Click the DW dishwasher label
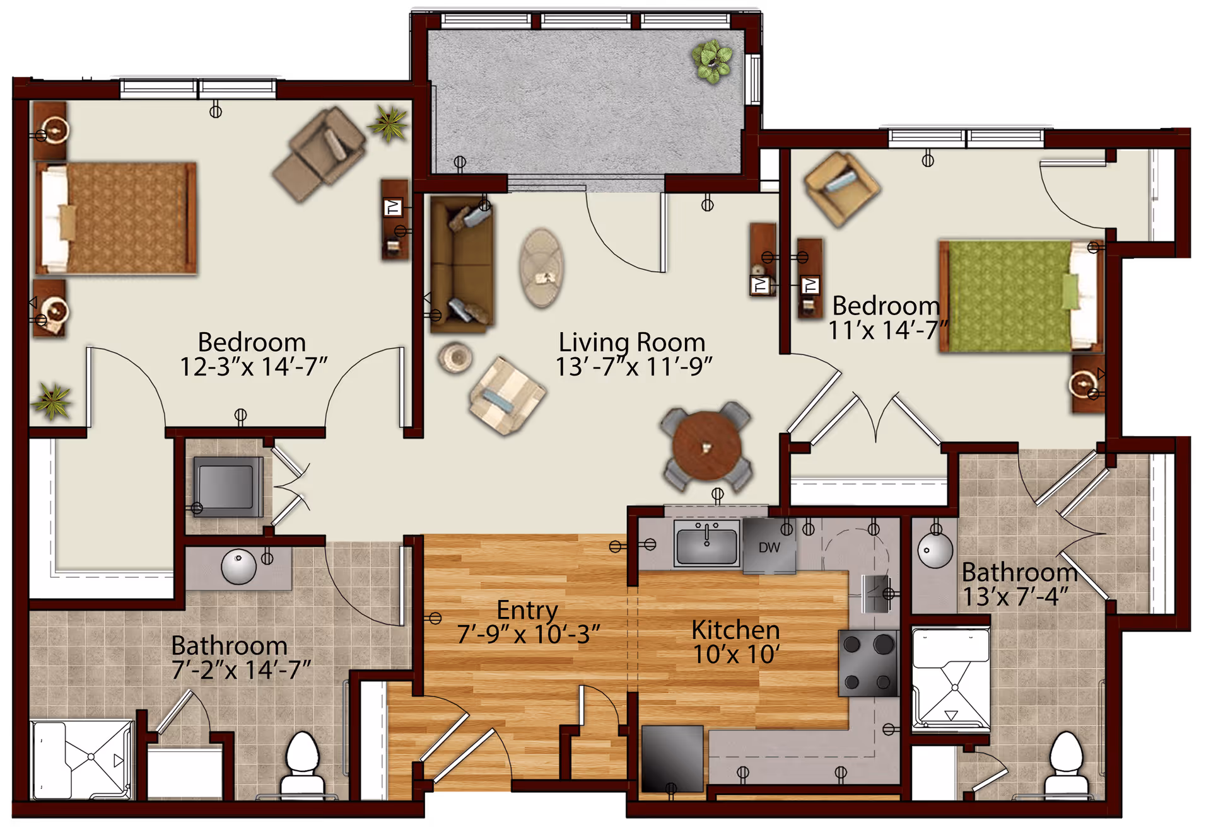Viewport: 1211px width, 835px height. pyautogui.click(x=769, y=548)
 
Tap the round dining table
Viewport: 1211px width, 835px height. pyautogui.click(x=706, y=446)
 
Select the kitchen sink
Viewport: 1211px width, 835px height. pyautogui.click(x=706, y=543)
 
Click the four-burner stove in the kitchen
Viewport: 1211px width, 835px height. pyautogui.click(x=868, y=663)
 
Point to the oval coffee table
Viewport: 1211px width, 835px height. pyautogui.click(x=541, y=268)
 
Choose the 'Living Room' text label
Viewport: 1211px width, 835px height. pyautogui.click(x=632, y=342)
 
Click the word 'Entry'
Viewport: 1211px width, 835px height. pyautogui.click(x=527, y=610)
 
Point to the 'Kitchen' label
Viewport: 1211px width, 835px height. pyautogui.click(x=735, y=630)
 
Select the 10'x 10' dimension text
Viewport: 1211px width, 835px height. pyautogui.click(x=735, y=654)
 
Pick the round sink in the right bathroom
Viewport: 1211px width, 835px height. pyautogui.click(x=935, y=550)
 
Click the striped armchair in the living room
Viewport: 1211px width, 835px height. pyautogui.click(x=506, y=396)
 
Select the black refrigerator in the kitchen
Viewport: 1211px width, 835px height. pyautogui.click(x=672, y=758)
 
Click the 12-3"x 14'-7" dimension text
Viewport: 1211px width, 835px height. pyautogui.click(x=254, y=367)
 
